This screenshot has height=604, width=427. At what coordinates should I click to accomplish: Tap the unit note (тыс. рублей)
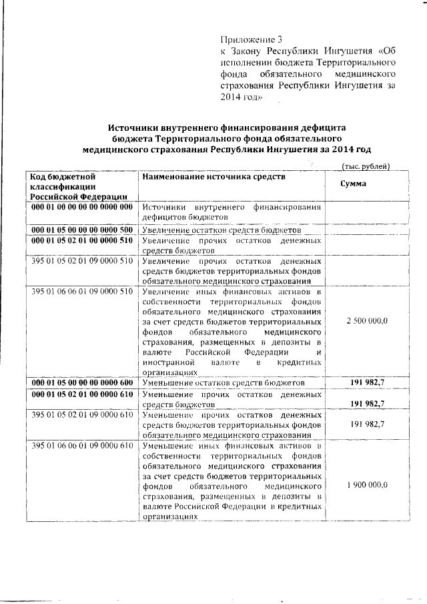365,166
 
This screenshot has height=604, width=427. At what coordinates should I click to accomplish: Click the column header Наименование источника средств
213,177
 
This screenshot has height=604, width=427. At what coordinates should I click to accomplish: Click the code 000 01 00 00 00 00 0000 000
82,207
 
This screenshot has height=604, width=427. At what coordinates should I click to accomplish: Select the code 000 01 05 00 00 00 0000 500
82,230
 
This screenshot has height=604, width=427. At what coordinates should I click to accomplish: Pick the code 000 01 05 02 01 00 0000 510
82,240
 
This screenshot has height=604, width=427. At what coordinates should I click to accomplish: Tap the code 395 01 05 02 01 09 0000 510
82,261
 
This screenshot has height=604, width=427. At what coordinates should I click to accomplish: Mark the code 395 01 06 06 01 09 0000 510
82,292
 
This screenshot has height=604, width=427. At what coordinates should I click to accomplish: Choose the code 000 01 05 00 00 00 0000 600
82,383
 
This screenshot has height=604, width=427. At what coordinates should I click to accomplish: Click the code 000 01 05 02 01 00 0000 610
82,395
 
